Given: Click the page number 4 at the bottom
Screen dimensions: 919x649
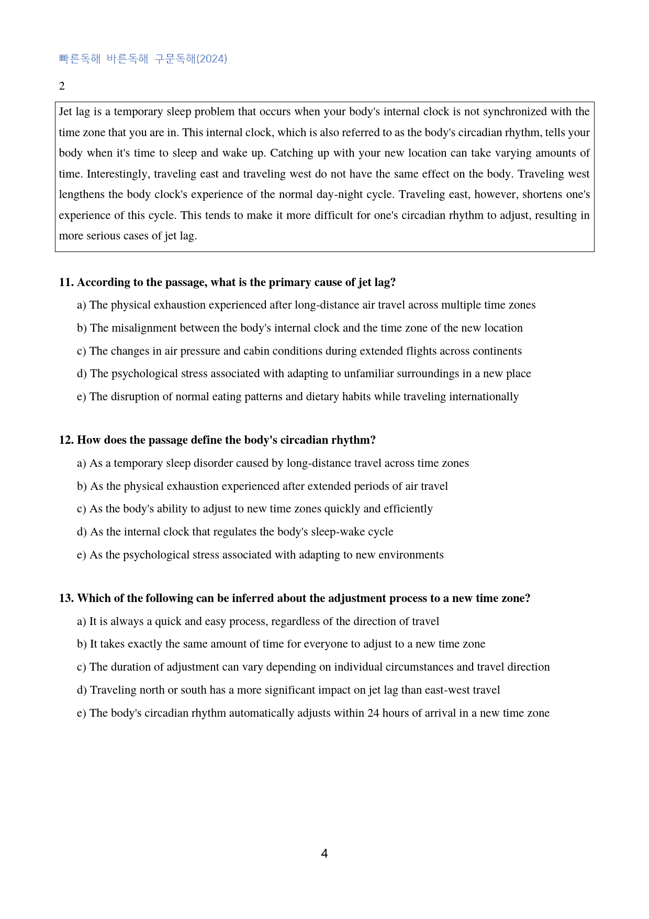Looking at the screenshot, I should pos(324,854).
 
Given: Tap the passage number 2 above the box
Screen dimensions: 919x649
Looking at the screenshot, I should pos(62,86).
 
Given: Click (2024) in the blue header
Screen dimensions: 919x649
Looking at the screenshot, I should pos(211,59).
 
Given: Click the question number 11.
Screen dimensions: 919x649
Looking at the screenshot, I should pos(66,282).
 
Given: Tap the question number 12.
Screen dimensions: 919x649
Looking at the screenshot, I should pos(66,440).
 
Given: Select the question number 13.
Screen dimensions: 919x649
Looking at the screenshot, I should pos(66,598).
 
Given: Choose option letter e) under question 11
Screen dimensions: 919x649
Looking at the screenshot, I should pos(81,397).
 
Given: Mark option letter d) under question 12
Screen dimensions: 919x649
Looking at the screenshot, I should pos(82,532).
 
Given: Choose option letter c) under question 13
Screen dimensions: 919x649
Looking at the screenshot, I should pos(81,667).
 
